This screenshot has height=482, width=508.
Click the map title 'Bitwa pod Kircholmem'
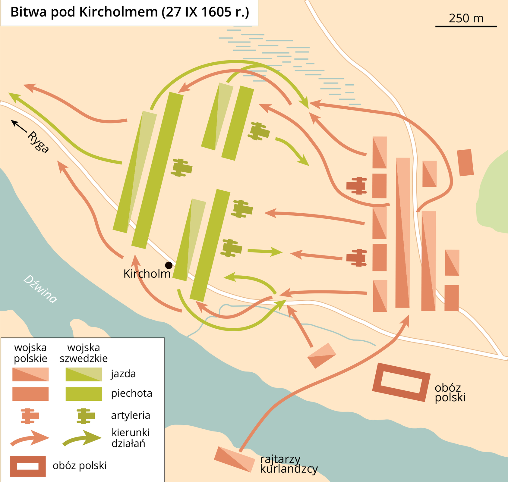130,13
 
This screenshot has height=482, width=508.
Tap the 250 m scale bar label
466,18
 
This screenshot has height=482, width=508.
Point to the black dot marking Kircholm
169,265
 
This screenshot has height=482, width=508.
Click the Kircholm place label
147,274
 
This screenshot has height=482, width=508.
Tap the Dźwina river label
40,289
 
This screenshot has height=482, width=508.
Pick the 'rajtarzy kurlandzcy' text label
289,464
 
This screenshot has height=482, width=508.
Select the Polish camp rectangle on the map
401,382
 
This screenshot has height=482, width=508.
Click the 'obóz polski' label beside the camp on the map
450,393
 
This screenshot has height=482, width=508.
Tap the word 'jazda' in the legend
123,374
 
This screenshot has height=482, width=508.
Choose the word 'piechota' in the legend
131,393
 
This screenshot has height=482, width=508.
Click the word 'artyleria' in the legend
131,415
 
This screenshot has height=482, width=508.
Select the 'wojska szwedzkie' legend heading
84,353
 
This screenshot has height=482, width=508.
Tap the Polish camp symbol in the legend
28,466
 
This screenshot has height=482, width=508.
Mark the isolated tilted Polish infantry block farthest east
465,162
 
